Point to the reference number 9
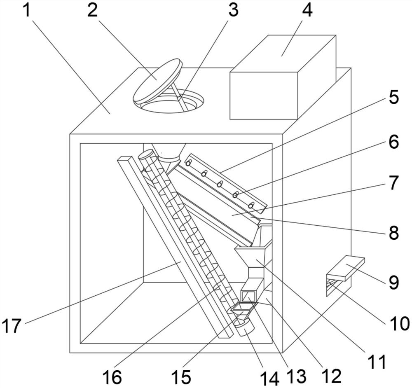(393, 283)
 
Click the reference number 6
(393, 143)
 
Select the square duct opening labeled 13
(248, 296)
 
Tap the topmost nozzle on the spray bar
(188, 164)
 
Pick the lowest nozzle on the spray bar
(250, 205)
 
